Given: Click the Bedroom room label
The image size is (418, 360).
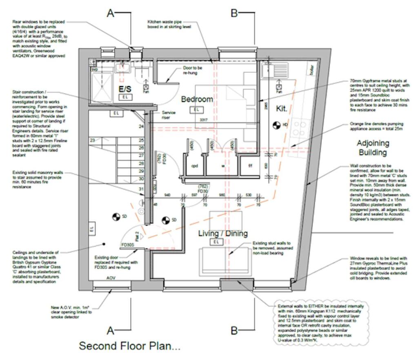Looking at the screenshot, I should coord(197,99).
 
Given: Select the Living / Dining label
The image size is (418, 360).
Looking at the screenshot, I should coord(223,233).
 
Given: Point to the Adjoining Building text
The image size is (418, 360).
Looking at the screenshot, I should coord(373,148).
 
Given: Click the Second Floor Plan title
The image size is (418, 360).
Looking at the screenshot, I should coord(129,346).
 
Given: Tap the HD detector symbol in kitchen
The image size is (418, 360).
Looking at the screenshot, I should coord(276,124).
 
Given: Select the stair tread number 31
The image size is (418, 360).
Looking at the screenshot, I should coord(141,189).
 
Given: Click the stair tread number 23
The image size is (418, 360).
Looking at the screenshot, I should coord(93,140).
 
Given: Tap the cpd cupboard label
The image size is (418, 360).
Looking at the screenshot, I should coord(194,166).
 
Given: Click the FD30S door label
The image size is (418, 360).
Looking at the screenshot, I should coord(128,245).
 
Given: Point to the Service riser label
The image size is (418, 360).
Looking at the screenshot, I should coord(168,115).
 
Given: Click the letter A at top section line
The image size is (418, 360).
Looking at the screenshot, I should coord(110,13).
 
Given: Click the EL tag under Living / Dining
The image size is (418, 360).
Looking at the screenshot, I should coord(216,242).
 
